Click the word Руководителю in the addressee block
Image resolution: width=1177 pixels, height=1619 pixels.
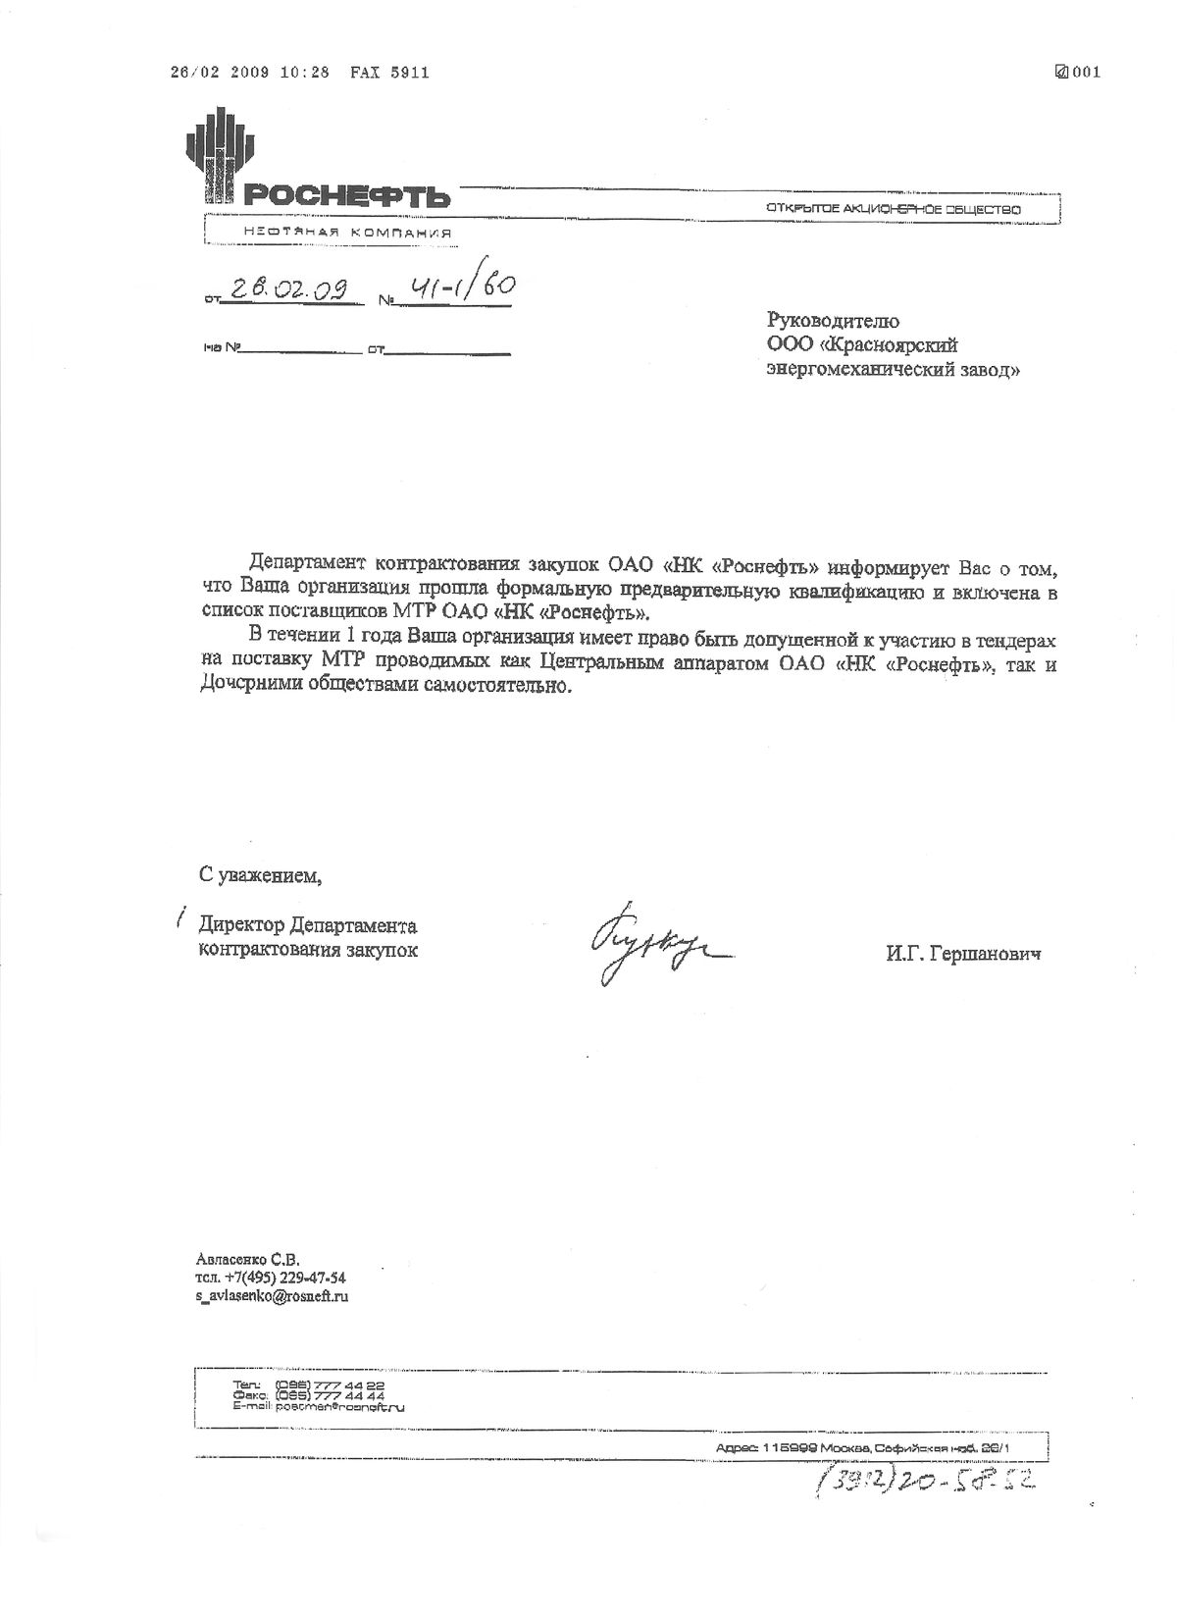pos(832,321)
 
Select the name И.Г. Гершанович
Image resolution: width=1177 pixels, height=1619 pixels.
pos(962,953)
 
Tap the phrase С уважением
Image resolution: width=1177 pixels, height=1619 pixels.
pos(260,874)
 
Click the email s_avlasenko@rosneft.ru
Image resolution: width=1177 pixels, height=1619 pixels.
pos(273,1295)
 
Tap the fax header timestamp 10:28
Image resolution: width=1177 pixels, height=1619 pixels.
pos(305,73)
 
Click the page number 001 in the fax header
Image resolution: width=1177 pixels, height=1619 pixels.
pos(1085,72)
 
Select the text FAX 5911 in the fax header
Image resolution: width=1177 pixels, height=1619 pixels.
pos(389,73)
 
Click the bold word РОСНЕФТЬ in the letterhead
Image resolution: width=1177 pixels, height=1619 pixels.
pos(346,196)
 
